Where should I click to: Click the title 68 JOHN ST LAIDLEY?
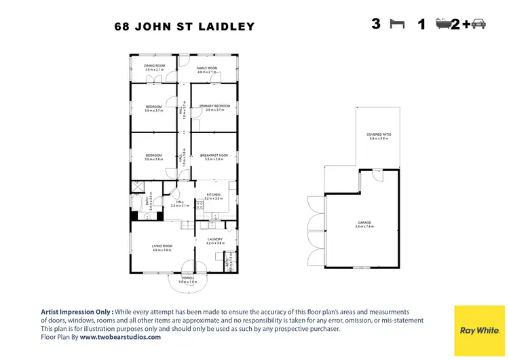coord(184,27)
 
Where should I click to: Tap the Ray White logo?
coord(479,330)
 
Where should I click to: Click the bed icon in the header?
coord(396,24)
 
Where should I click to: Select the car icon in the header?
coord(478,24)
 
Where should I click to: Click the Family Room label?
coord(207,69)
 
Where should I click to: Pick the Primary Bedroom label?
coord(214,106)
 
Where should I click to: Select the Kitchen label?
coord(213,195)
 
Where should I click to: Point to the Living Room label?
coord(162,247)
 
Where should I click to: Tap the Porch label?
coord(187,278)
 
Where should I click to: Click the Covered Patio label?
coord(379,135)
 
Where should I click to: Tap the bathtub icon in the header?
coord(443,24)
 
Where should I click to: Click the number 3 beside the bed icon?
coord(376,24)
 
